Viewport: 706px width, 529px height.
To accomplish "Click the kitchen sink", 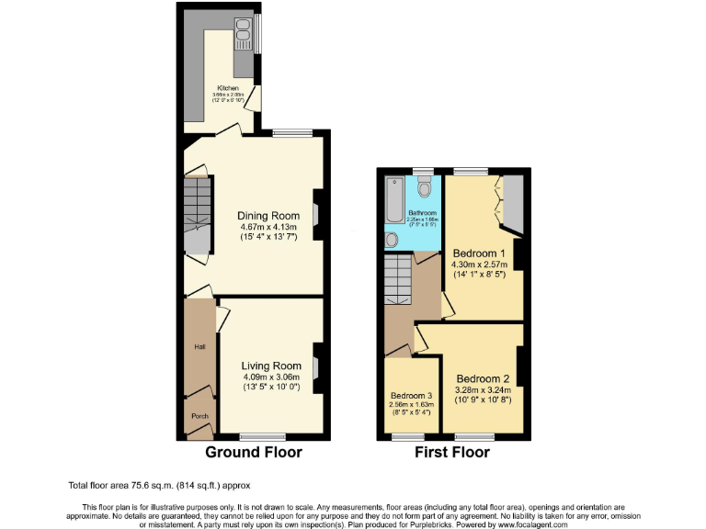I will pyautogui.click(x=244, y=35).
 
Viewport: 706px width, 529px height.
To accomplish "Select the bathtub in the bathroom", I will pyautogui.click(x=394, y=199).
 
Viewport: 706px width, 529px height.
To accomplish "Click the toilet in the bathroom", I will pyautogui.click(x=423, y=187).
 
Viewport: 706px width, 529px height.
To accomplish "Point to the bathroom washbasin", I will pyautogui.click(x=393, y=240).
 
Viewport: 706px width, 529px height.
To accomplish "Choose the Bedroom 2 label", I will pyautogui.click(x=483, y=378).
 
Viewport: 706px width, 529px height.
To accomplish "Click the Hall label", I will pyautogui.click(x=199, y=347).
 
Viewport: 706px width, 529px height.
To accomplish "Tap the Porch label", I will pyautogui.click(x=199, y=414).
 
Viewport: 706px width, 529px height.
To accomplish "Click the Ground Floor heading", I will pyautogui.click(x=253, y=453).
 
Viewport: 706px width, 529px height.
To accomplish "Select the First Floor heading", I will pyautogui.click(x=451, y=453).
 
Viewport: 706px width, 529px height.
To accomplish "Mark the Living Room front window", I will pyautogui.click(x=263, y=434).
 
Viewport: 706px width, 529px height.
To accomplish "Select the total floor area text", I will pyautogui.click(x=158, y=485).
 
